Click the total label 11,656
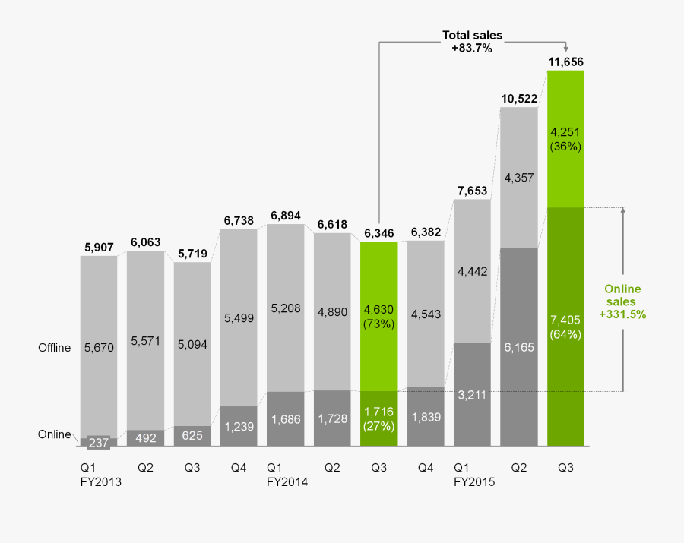[565, 61]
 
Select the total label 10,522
[518, 98]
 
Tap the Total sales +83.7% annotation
[472, 41]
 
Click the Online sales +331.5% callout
[622, 301]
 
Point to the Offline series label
[54, 348]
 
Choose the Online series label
[55, 434]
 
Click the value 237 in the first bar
[99, 442]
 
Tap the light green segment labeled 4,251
[565, 139]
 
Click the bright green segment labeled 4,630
[378, 314]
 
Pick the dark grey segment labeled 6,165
[518, 346]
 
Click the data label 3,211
[472, 395]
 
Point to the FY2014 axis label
[287, 480]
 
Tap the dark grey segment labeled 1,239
[239, 427]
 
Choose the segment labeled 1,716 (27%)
[378, 418]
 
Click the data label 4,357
[518, 178]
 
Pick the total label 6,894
[285, 216]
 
